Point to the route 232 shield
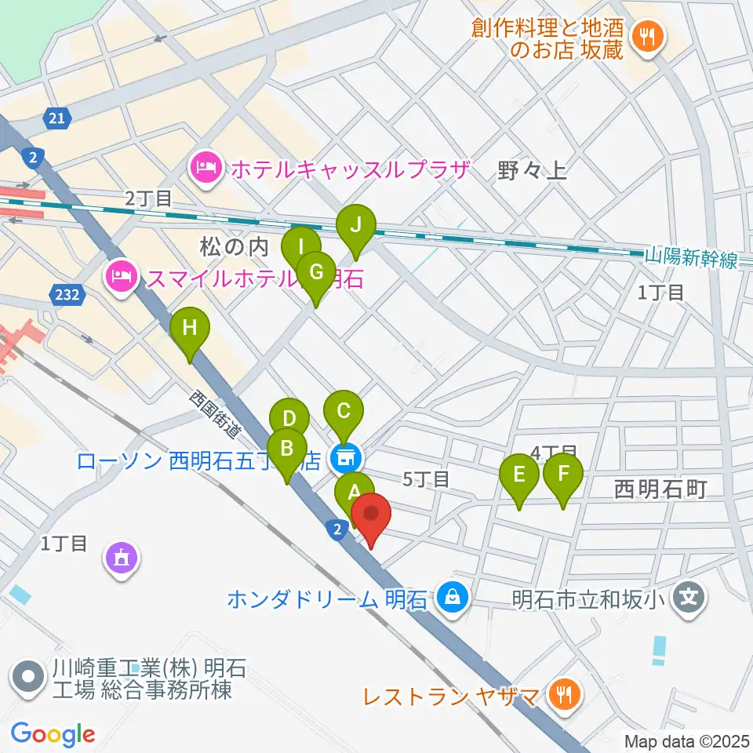pyautogui.click(x=66, y=296)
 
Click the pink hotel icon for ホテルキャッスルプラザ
pyautogui.click(x=206, y=168)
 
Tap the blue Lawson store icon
pyautogui.click(x=344, y=457)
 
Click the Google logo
pyautogui.click(x=53, y=734)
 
